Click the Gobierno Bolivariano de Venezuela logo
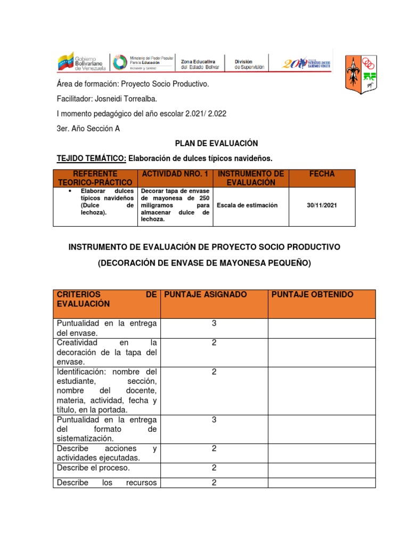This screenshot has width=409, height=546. (x=82, y=62)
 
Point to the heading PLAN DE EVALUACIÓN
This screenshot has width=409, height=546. (x=216, y=143)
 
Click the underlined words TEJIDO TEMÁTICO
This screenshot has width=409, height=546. (x=91, y=158)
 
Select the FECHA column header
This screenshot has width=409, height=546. (x=322, y=174)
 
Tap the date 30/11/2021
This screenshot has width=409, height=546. (x=322, y=205)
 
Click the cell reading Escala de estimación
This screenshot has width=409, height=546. (x=247, y=205)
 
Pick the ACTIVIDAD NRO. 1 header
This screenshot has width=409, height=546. (x=175, y=174)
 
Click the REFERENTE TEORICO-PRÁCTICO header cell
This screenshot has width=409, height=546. (x=95, y=178)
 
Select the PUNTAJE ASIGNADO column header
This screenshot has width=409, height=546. (x=206, y=295)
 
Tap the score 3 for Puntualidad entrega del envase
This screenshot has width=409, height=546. (x=214, y=324)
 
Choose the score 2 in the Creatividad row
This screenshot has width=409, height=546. (x=214, y=343)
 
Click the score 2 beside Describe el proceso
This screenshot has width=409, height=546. (x=214, y=468)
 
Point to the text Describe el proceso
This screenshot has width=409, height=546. (x=93, y=468)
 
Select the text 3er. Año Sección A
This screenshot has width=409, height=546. (x=92, y=129)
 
